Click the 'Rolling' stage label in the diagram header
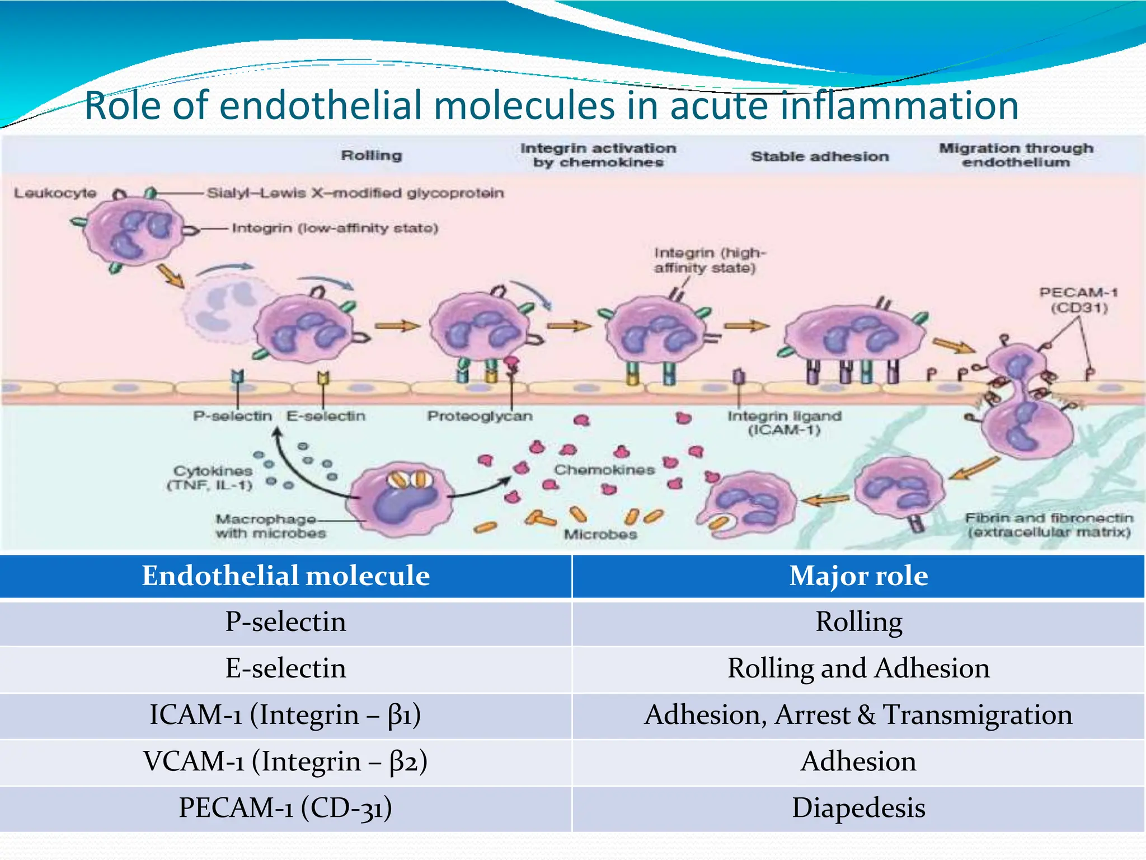point(372,155)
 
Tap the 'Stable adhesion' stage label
point(820,156)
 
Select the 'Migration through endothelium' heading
point(1016,155)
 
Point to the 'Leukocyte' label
point(55,193)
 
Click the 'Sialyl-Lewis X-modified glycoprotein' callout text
point(355,193)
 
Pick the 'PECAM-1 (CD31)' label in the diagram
point(1078,300)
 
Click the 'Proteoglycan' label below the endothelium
point(480,416)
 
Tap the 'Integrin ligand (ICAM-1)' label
point(784,423)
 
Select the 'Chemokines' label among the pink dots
point(604,470)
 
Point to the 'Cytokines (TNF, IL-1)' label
point(211,478)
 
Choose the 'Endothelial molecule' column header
point(285,576)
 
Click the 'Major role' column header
point(858,576)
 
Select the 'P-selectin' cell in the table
point(285,622)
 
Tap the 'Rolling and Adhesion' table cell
point(858,669)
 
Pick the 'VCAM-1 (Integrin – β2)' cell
point(285,761)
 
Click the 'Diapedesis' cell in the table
point(858,808)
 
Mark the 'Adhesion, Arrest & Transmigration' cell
point(858,715)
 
